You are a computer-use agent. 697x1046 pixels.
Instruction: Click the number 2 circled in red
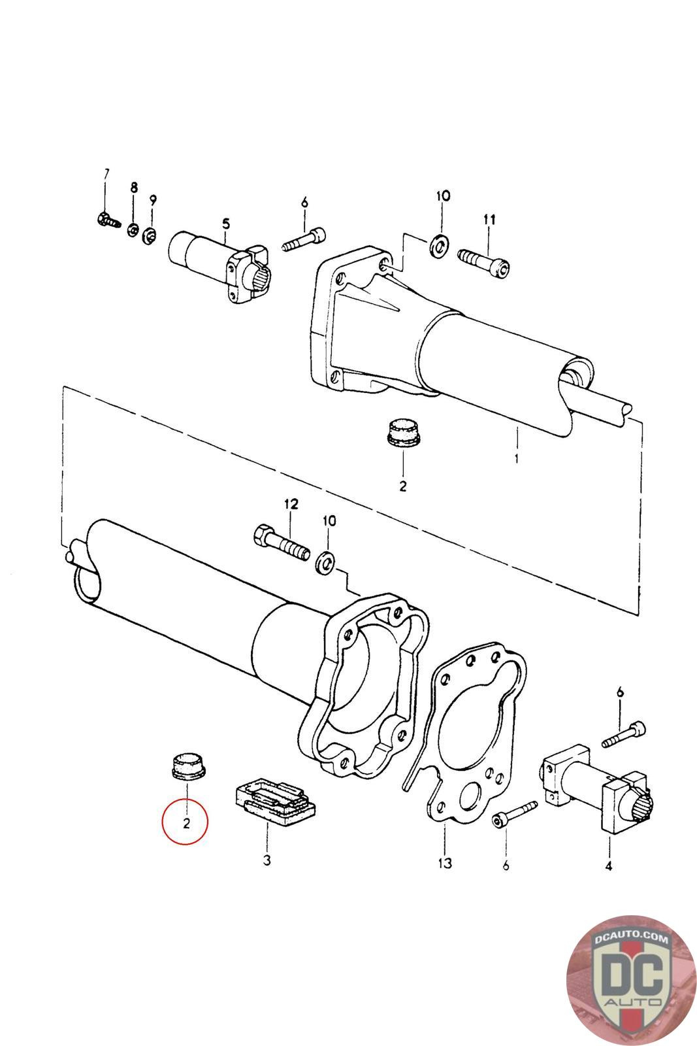[186, 822]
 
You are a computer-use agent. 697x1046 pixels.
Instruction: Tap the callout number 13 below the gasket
[444, 864]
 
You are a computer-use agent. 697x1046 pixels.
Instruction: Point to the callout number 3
[267, 860]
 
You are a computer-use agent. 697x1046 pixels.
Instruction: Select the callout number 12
[290, 504]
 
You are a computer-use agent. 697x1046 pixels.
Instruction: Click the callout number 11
[489, 220]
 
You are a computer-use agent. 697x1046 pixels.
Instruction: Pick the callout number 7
[106, 173]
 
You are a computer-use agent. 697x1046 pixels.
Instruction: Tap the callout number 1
[516, 459]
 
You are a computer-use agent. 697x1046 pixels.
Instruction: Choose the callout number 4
[609, 867]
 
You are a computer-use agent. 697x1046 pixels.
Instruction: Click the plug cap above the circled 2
[186, 766]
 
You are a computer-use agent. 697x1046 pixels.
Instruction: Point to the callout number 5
[226, 224]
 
